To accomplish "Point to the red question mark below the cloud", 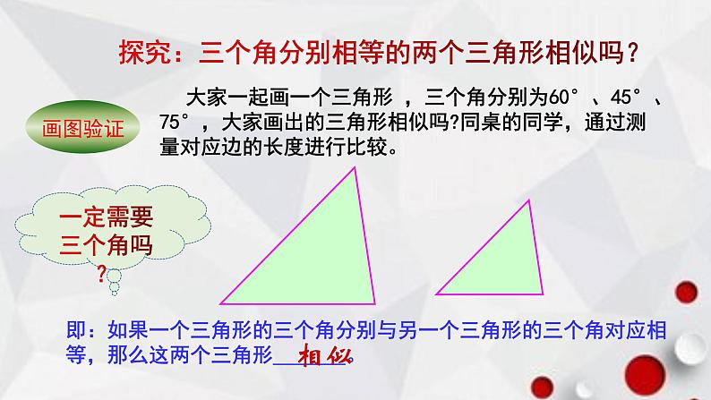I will [100, 273].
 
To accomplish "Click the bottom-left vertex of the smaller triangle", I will [436, 293].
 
